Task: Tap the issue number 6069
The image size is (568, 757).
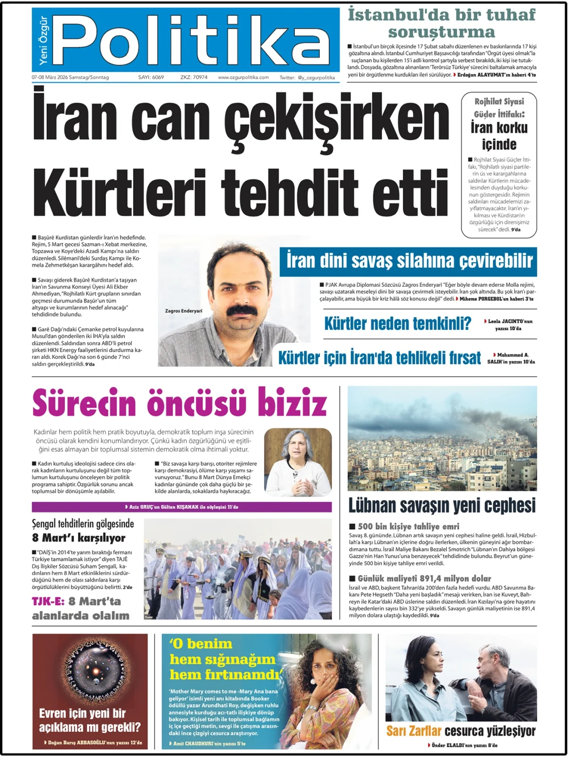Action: tap(158, 77)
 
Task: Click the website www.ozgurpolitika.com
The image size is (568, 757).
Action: tap(243, 77)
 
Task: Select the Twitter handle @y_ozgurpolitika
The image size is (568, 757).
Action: tap(316, 78)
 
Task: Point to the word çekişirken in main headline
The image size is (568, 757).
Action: tap(336, 118)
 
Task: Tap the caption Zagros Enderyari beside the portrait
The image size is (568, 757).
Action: tap(184, 311)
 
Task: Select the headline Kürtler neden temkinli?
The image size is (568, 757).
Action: tap(398, 324)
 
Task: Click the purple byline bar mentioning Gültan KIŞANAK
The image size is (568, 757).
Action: tap(182, 507)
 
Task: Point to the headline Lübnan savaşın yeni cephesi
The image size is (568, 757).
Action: tap(442, 505)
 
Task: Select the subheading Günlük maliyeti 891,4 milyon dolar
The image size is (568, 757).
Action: tap(424, 578)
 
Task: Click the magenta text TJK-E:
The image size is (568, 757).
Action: tap(48, 601)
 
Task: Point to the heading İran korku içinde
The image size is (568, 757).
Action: tap(499, 136)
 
